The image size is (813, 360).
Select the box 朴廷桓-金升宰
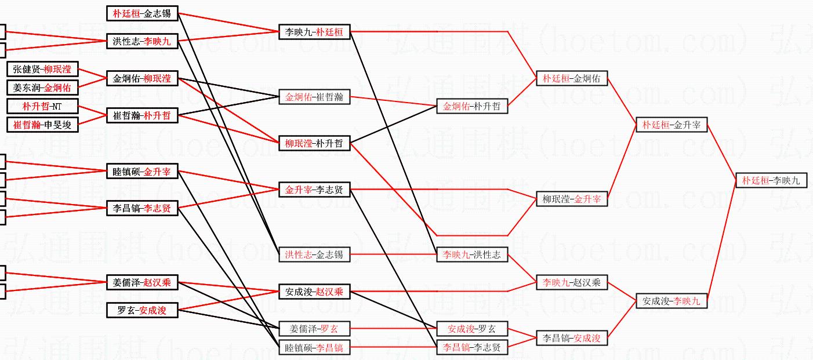pos(672,125)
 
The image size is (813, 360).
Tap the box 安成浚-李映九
pos(672,301)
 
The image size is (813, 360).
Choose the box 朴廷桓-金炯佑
pos(571,78)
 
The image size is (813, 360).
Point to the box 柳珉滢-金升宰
pos(571,199)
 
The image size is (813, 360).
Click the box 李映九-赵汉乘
pos(571,283)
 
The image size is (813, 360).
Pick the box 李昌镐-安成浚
pos(571,338)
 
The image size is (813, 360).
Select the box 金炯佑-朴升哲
pos(472,107)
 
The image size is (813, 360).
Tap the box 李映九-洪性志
pos(472,254)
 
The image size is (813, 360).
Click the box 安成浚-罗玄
pos(472,329)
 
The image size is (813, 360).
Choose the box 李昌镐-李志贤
pos(472,348)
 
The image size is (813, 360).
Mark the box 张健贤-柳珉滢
pos(42,70)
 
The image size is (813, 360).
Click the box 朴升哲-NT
pos(42,107)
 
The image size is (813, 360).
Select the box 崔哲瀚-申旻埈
pos(42,124)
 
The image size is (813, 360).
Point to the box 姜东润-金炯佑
pos(42,88)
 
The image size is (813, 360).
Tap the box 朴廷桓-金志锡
pos(142,13)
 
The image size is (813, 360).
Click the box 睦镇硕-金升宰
pos(142,172)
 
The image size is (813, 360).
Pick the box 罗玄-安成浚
pos(142,311)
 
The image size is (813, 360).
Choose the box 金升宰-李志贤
pos(314,190)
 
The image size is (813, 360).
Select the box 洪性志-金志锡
pos(314,254)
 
